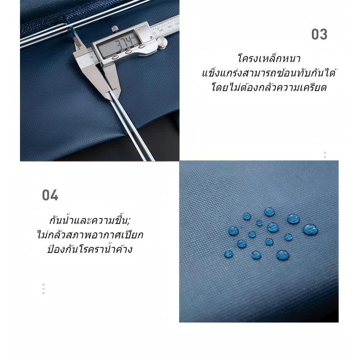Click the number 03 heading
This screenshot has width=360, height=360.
tap(319, 34)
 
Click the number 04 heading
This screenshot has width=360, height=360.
tap(50, 195)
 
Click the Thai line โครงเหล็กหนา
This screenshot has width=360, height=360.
tap(269, 59)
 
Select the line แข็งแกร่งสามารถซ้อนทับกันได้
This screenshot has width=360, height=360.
tap(269, 73)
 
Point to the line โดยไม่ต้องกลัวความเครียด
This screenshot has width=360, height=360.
tap(269, 88)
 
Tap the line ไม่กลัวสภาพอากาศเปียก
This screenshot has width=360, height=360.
tap(90, 235)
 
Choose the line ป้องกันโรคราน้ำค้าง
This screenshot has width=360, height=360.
tap(90, 249)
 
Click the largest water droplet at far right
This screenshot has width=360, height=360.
tap(310, 229)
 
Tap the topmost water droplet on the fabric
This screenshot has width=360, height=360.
tap(269, 211)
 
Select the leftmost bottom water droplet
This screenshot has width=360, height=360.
tap(229, 254)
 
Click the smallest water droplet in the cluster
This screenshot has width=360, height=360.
tap(260, 223)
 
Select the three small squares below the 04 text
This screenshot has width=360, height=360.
tap(43, 289)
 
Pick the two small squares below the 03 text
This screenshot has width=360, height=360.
tap(325, 155)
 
